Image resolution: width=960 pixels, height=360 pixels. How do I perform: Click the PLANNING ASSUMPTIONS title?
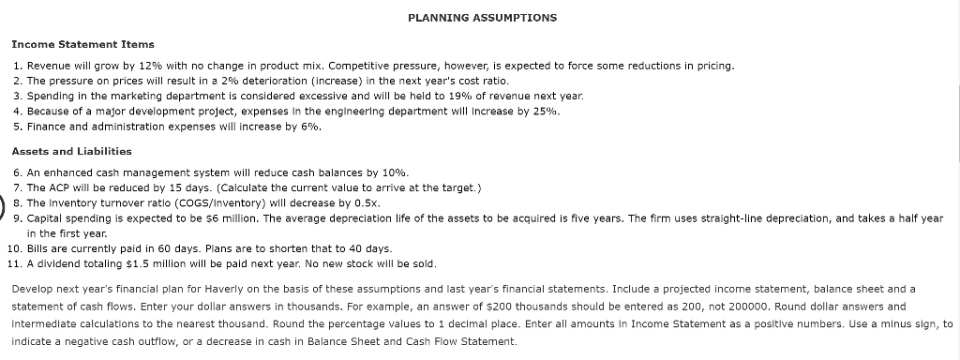483,18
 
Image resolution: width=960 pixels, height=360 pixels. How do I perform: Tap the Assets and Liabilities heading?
72,151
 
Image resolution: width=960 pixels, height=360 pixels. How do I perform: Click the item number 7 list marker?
19,187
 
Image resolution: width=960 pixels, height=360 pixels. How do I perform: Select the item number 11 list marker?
15,263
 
